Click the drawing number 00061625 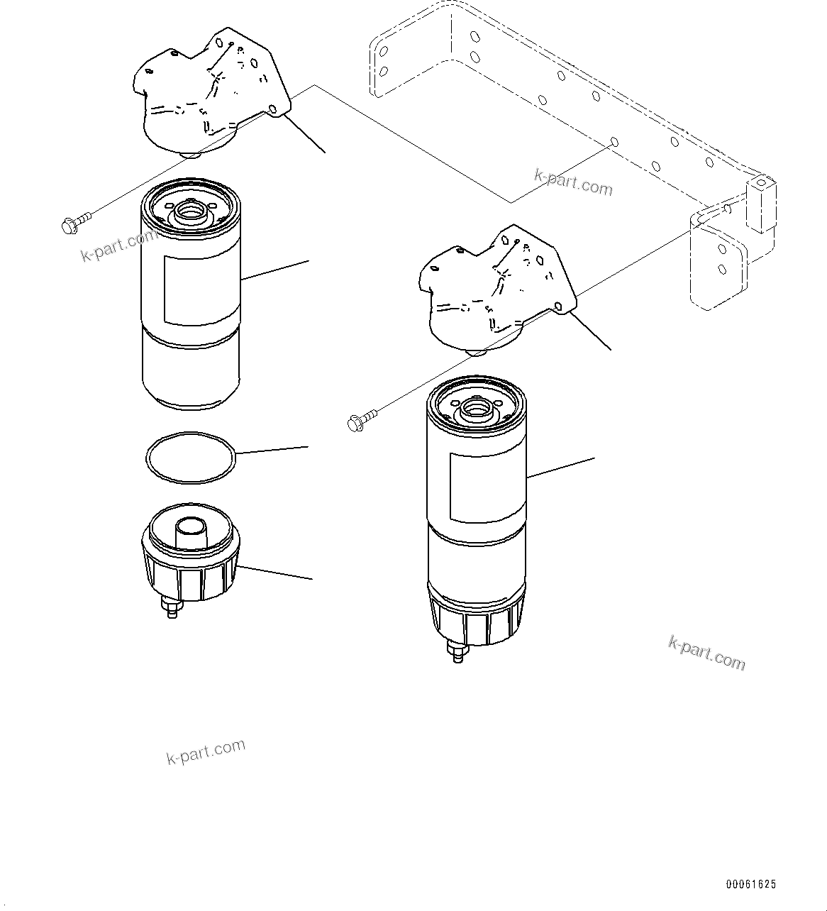750,884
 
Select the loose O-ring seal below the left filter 189,458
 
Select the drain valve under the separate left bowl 171,607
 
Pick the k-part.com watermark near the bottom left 206,751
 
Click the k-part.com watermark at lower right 706,652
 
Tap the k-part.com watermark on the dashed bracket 573,183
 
